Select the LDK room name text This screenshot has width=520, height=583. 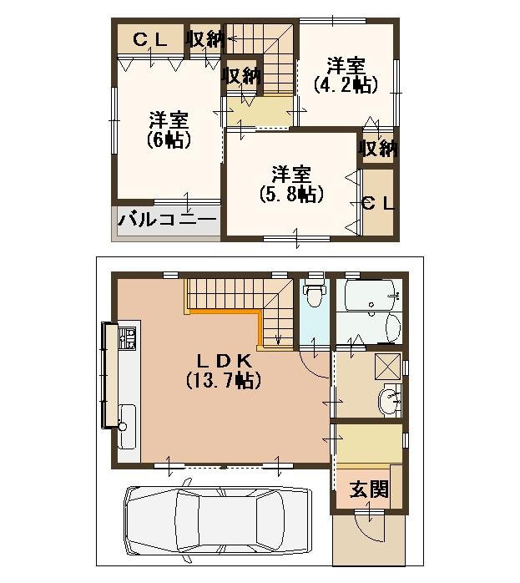[224, 360]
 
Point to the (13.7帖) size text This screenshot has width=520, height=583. [224, 381]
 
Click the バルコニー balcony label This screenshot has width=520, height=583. [167, 221]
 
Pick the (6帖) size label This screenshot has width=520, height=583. [168, 139]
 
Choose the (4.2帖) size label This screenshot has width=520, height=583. [345, 84]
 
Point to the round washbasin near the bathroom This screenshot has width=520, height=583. [389, 402]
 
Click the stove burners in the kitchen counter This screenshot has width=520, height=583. [129, 338]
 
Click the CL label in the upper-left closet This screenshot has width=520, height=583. [150, 38]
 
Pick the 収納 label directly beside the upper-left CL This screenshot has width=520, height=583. [205, 38]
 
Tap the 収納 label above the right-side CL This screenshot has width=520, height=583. [378, 149]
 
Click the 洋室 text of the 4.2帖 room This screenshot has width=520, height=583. [345, 64]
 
